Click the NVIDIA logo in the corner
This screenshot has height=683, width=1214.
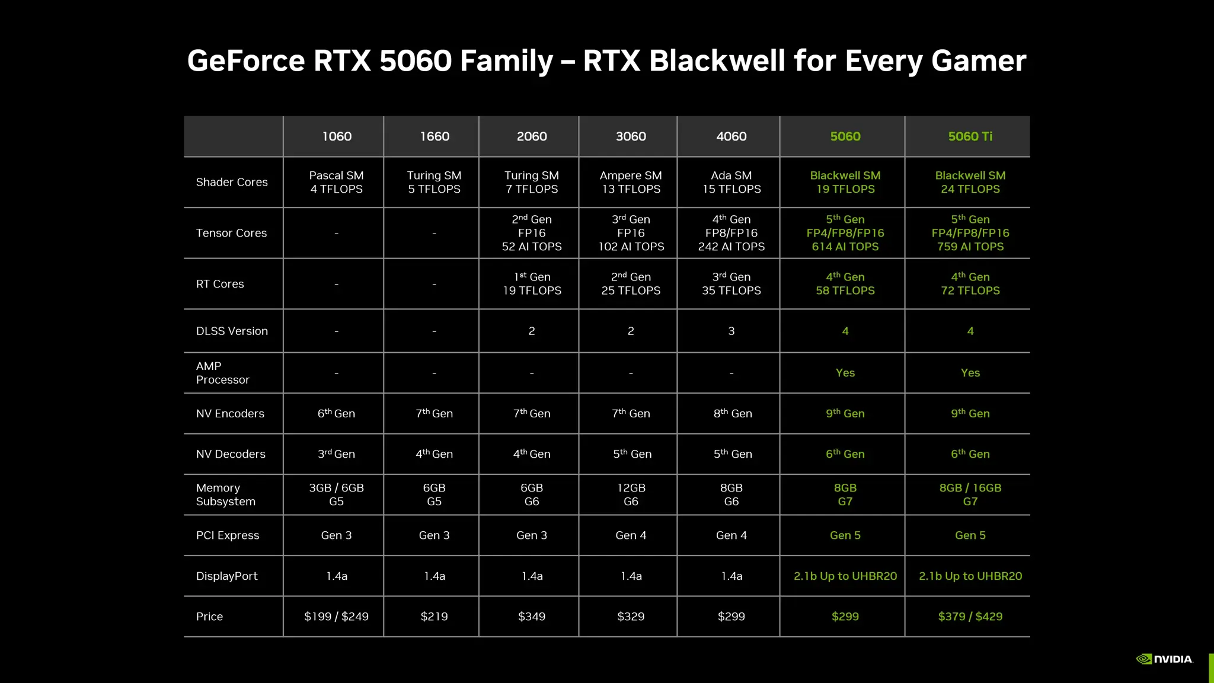click(1164, 659)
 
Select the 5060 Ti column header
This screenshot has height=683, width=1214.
click(970, 136)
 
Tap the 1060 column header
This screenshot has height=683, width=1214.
click(337, 136)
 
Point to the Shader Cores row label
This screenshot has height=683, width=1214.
click(232, 182)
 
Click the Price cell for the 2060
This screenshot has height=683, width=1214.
click(532, 617)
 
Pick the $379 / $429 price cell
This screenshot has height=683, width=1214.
click(970, 617)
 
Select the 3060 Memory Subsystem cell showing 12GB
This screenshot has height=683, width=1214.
click(631, 494)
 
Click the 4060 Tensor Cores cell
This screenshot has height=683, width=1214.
click(731, 233)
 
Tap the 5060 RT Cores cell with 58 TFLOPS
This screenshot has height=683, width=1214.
click(845, 284)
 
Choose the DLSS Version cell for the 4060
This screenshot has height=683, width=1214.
click(731, 331)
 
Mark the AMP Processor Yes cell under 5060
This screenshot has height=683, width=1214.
click(845, 373)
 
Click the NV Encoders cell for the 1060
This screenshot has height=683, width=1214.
click(336, 413)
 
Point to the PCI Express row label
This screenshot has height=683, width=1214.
click(228, 535)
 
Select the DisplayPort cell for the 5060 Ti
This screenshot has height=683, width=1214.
click(970, 576)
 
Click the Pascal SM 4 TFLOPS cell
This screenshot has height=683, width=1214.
click(336, 182)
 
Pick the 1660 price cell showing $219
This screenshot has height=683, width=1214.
click(434, 617)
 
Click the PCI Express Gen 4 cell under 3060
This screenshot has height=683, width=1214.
click(631, 535)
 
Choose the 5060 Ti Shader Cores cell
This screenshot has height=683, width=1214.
click(970, 182)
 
